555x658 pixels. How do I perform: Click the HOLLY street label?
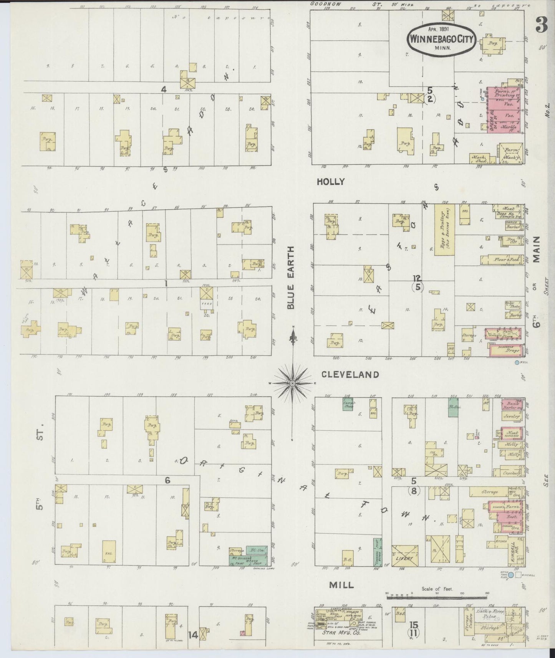click(330, 182)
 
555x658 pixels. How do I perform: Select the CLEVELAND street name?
click(350, 374)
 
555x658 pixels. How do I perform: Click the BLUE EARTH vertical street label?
click(291, 277)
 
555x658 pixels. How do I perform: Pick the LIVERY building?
click(405, 555)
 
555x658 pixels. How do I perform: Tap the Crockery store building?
click(510, 473)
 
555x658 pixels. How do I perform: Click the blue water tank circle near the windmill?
click(511, 575)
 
